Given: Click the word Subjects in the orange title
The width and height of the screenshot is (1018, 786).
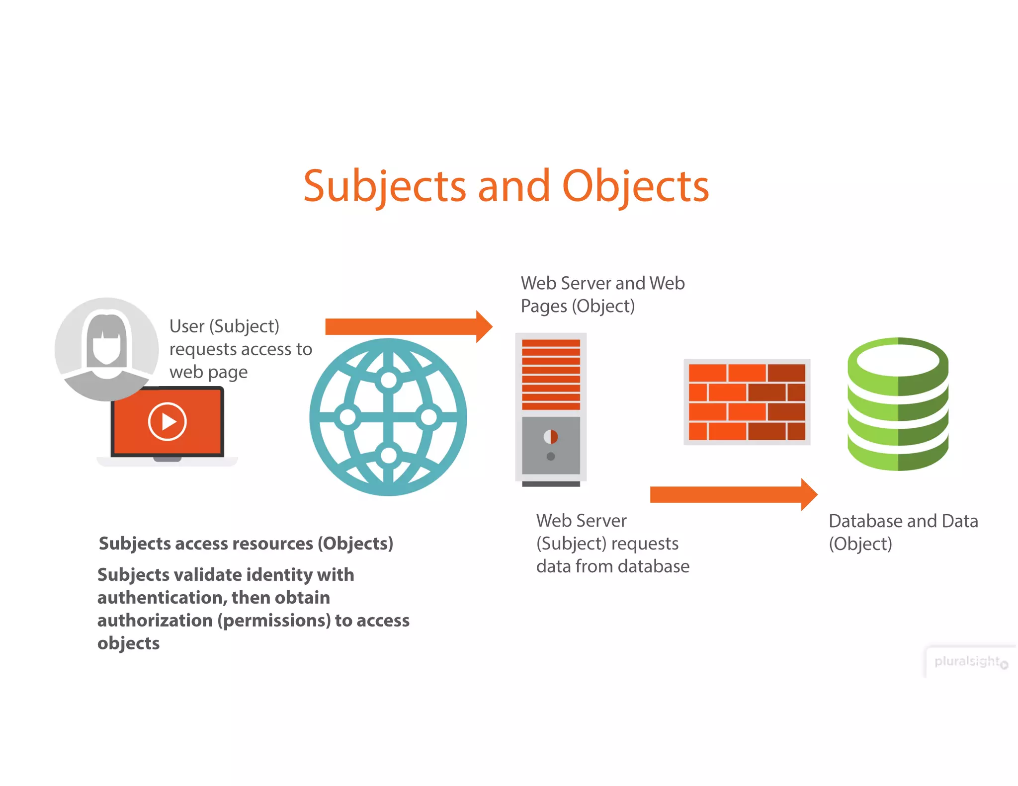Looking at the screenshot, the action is (x=384, y=186).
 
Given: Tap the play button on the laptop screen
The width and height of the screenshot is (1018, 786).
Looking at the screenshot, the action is (x=167, y=421).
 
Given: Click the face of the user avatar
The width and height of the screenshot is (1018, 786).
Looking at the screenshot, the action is (x=106, y=348).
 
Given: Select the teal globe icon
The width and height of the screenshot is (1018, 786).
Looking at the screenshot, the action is (x=388, y=417).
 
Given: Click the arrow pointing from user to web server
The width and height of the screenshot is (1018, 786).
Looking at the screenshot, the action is (x=408, y=326).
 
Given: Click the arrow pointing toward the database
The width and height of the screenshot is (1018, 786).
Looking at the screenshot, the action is (x=733, y=494).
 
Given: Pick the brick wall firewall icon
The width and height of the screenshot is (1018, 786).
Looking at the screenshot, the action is (x=747, y=402).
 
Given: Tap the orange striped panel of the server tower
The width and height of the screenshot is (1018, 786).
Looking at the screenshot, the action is (x=551, y=375).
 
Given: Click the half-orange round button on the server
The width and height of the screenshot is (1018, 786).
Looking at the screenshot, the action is (x=551, y=437).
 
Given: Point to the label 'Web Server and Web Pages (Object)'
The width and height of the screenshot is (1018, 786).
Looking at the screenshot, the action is (x=602, y=295).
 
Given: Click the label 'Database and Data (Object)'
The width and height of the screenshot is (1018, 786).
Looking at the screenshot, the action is (x=903, y=532).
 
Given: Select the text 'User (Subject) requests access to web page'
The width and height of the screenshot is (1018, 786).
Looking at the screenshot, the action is (x=240, y=349).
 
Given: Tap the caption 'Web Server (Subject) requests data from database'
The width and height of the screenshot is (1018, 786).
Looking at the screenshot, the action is (x=612, y=544).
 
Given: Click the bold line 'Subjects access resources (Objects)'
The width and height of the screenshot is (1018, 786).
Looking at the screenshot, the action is (x=246, y=544).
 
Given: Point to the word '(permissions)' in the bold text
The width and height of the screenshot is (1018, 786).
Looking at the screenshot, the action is (x=274, y=620).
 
